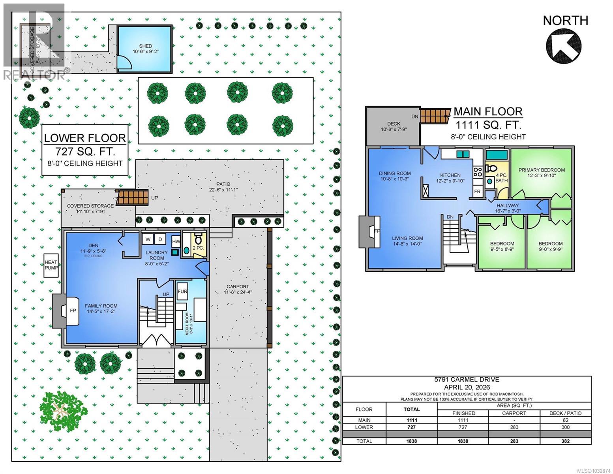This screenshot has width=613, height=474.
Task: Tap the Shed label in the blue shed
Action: (x=145, y=46)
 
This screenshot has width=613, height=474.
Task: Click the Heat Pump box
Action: (x=51, y=265)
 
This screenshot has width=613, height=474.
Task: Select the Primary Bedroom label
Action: (x=541, y=170)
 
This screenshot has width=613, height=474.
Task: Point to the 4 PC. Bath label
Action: (x=502, y=178)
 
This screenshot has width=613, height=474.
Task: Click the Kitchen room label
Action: (x=450, y=175)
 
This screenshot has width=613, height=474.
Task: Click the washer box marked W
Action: (x=148, y=239)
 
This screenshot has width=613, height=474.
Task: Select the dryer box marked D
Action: (x=160, y=239)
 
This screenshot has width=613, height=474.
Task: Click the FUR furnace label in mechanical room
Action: (x=182, y=292)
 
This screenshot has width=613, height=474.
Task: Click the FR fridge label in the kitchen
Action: (x=477, y=191)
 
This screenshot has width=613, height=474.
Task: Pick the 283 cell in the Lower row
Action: (x=514, y=427)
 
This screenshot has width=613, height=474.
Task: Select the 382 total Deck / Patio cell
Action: (x=565, y=441)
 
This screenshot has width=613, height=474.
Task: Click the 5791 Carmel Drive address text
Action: (x=467, y=380)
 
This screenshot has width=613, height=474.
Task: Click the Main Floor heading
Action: (x=488, y=112)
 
